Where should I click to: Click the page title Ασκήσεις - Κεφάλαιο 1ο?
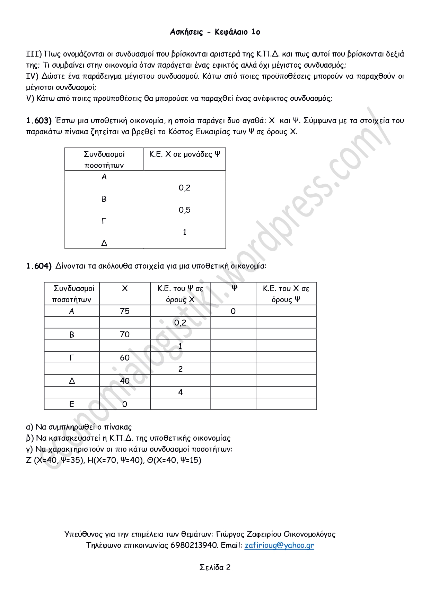[x=215, y=32]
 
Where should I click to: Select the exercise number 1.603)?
[x=39, y=120]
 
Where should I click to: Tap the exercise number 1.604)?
[x=39, y=266]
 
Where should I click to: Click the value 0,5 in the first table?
[x=185, y=210]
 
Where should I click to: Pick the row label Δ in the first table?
[x=104, y=243]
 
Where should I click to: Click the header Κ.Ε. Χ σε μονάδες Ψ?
[x=185, y=154]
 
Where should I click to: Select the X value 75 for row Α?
[x=125, y=311]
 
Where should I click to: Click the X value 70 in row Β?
[x=125, y=334]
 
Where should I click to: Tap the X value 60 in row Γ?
[x=125, y=357]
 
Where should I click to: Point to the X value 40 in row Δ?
[x=125, y=381]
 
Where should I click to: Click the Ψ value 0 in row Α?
[x=233, y=311]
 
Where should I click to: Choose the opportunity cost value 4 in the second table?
[x=181, y=392]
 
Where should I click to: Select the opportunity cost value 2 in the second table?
[x=181, y=369]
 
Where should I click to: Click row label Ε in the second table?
[x=72, y=404]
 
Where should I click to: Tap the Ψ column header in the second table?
[x=234, y=288]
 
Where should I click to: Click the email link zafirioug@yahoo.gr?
[x=279, y=545]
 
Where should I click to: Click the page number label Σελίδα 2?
[x=215, y=567]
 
